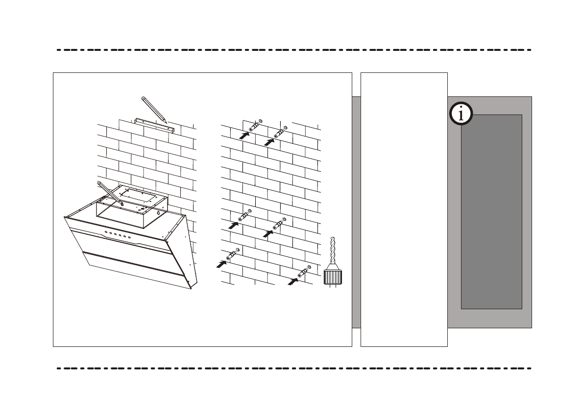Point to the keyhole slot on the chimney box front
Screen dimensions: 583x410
(x=158, y=213)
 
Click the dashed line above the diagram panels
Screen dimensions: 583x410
(x=294, y=50)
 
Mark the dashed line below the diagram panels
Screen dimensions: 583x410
(x=294, y=368)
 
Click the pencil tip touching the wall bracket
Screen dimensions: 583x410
(x=166, y=121)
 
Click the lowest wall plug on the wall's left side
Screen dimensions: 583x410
(x=231, y=255)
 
